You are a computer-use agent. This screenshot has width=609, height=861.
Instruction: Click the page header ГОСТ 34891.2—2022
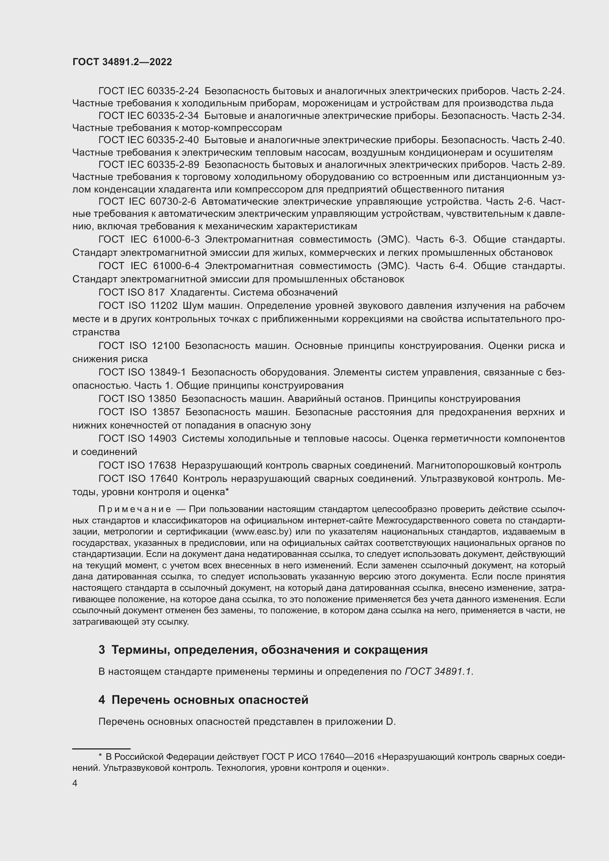[122, 62]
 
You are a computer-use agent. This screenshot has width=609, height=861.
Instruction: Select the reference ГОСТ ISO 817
[131, 292]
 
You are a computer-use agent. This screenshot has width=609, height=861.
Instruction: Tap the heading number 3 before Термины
[102, 649]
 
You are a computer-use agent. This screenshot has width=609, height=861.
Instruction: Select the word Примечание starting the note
[135, 509]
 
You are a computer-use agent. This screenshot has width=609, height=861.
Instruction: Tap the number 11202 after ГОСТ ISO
[163, 306]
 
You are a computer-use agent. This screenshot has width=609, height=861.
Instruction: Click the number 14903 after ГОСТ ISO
[162, 438]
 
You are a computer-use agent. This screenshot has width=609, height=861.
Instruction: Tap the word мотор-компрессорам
[231, 128]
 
